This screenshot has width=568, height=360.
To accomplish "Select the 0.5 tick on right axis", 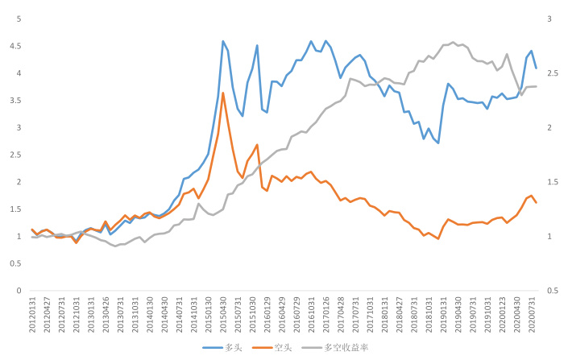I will (552, 291).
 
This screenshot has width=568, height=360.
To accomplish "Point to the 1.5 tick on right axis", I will (552, 182).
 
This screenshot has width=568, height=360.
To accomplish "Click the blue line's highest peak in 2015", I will (223, 41).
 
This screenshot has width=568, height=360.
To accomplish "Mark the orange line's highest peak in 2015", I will (223, 93).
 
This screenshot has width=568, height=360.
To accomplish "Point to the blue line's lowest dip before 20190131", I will (438, 143).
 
